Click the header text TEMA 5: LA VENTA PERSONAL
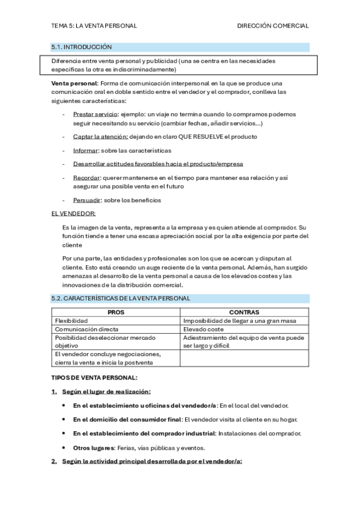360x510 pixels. pos(94,26)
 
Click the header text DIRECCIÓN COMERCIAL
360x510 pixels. pos(273,26)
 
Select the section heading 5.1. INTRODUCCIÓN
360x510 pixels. pos(82,47)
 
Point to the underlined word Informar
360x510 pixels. pos(86,150)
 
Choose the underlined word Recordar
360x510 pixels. pos(87,178)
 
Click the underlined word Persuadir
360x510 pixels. pos(87,200)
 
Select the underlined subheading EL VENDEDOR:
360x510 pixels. pos(73,214)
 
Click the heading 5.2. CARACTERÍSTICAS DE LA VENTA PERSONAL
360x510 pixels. pos(121,298)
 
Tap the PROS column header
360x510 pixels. pos(116,313)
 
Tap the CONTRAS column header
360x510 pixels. pos(244,313)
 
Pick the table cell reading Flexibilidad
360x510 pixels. pos(72,321)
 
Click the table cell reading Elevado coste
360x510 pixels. pos(204,330)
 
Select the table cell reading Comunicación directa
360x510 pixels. pos(87,330)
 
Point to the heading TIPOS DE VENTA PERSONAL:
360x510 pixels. pos(94,378)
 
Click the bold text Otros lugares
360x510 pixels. pos(93,447)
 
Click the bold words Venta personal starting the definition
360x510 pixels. pos(74,82)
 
